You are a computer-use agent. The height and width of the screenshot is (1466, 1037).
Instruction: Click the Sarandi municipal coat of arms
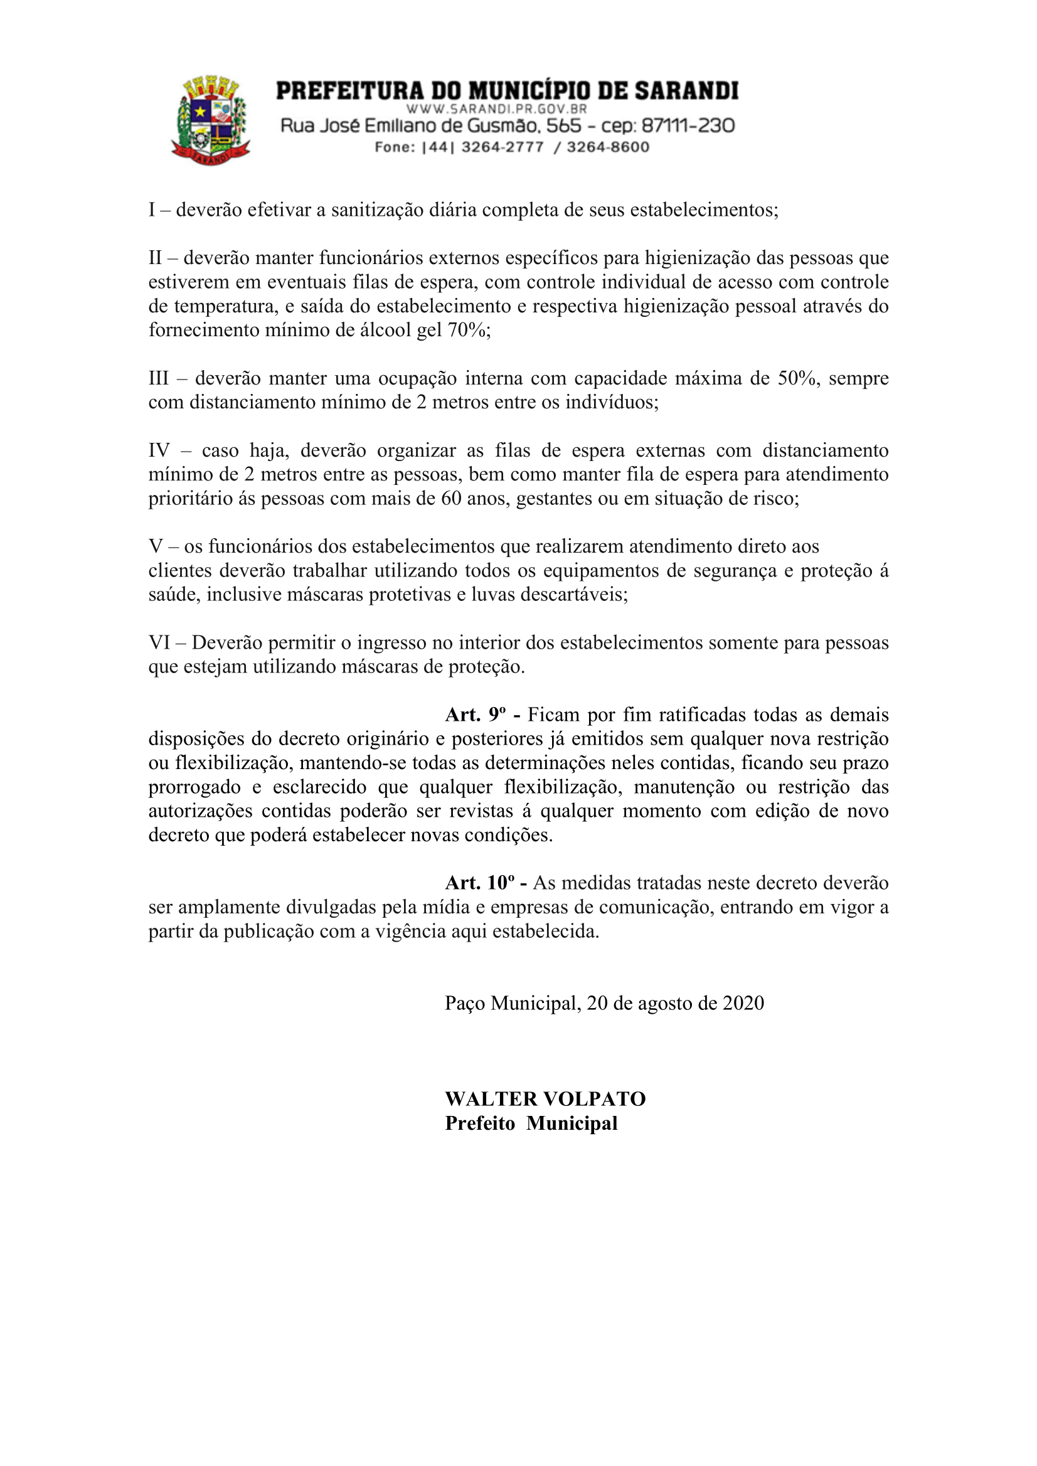pos(211,120)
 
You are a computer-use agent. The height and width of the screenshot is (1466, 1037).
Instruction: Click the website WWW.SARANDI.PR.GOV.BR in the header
pos(496,109)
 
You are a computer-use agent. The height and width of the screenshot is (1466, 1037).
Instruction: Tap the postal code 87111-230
pos(688,126)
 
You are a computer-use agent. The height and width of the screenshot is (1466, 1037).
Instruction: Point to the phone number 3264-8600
pos(608,147)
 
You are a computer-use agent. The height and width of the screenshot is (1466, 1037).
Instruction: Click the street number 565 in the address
pos(564,126)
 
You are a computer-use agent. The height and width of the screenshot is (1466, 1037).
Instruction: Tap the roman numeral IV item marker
pos(159,450)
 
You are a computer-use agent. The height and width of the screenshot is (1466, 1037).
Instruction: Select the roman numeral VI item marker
pos(159,642)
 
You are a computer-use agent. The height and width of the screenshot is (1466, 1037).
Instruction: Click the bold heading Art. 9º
pos(476,714)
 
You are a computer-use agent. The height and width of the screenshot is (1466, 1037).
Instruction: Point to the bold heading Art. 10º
pos(479,883)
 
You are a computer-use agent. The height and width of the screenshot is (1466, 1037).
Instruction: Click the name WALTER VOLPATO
pos(545,1099)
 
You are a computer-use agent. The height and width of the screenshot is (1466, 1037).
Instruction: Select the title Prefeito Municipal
pos(531,1123)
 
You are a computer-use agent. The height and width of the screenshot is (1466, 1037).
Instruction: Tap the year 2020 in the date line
pos(743,1003)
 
